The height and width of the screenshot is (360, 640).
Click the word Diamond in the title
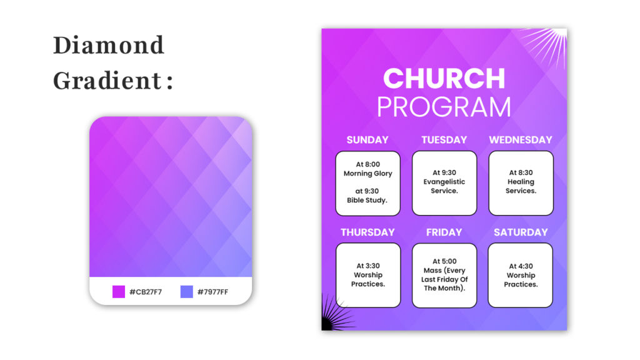pos(109,45)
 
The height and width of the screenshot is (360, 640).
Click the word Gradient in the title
pos(107,81)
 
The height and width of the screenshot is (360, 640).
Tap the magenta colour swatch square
pos(118,292)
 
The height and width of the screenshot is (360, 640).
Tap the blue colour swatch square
pos(186,292)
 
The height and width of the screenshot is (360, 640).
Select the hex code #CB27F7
pos(146,292)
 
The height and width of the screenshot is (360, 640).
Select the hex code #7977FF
pos(212,292)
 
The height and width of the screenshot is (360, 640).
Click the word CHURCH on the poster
pos(444,78)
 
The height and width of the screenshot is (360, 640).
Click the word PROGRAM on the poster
pos(444,107)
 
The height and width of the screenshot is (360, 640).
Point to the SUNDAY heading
pos(367,140)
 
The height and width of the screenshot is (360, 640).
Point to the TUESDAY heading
pos(444,140)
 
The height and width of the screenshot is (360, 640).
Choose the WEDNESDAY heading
pos(521,140)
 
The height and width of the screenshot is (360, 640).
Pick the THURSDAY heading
pos(367,232)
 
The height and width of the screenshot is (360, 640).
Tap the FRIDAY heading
pos(444,232)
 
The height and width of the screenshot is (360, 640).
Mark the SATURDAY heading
pos(521,232)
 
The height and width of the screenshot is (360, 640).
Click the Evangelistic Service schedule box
pos(444,183)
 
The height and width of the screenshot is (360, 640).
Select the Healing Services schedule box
pos(521,183)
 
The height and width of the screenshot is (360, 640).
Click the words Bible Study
pos(367,201)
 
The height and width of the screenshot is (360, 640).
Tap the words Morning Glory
pos(367,174)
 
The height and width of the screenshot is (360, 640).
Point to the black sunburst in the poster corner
pos(336,314)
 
